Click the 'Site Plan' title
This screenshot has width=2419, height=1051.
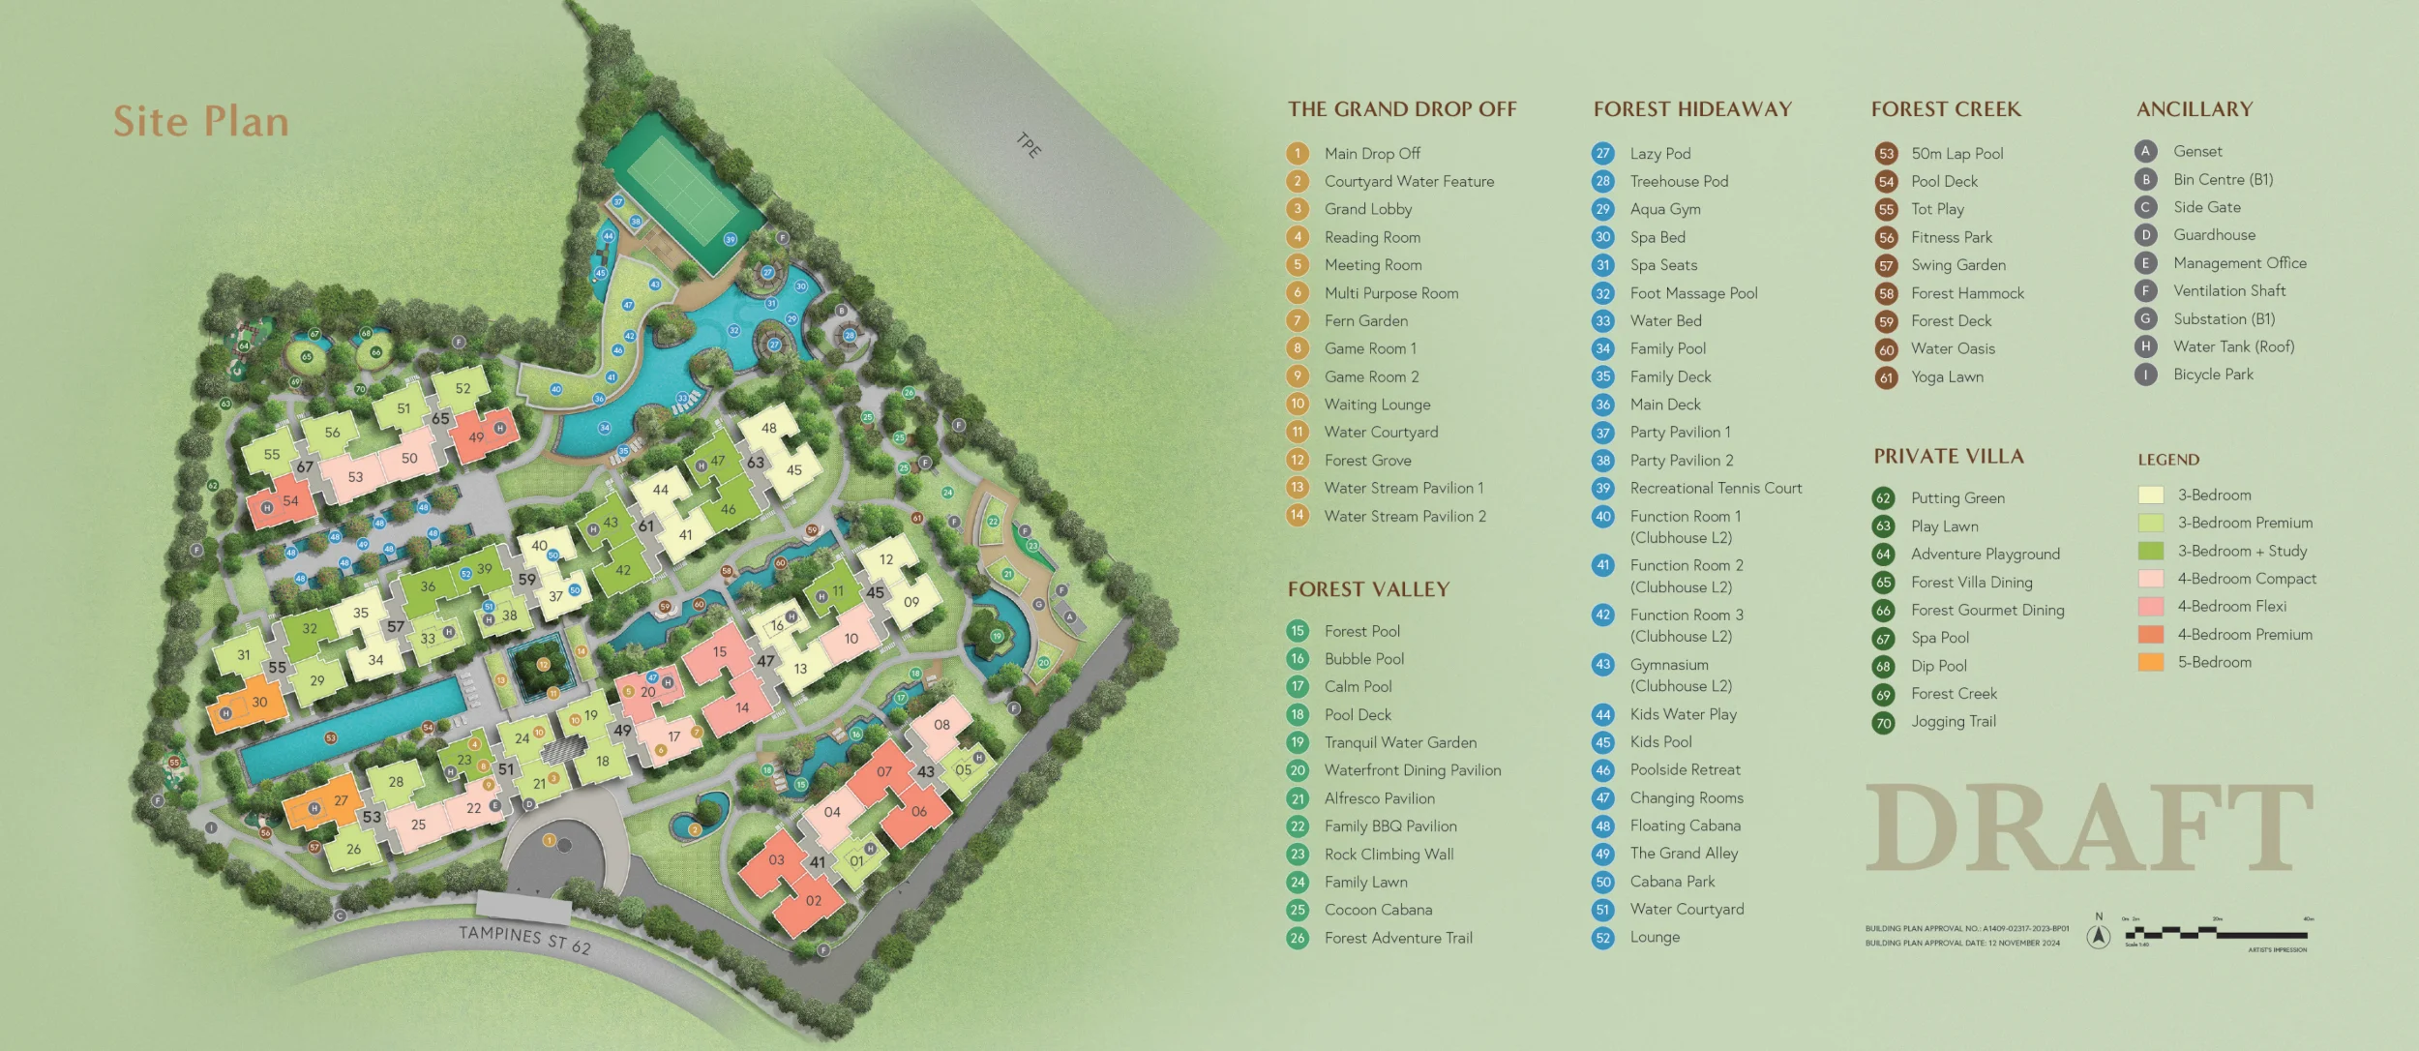pyautogui.click(x=201, y=122)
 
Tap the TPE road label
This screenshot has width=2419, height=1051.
pyautogui.click(x=1029, y=145)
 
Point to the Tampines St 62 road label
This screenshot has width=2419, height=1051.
pyautogui.click(x=523, y=939)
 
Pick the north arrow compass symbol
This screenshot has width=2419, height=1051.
pyautogui.click(x=2098, y=935)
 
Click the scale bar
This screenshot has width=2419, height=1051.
pyautogui.click(x=2216, y=934)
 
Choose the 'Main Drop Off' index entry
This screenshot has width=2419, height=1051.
pyautogui.click(x=1372, y=154)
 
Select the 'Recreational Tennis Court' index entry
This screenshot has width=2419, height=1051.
pyautogui.click(x=1716, y=489)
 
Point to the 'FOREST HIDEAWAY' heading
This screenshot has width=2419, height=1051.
pyautogui.click(x=1692, y=109)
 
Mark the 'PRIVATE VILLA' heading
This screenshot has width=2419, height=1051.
pyautogui.click(x=1948, y=457)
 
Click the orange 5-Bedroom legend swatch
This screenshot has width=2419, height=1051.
pyautogui.click(x=2150, y=663)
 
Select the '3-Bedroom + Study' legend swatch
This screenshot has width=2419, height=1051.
pyautogui.click(x=2150, y=552)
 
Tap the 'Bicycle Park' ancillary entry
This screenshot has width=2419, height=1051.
pyautogui.click(x=2213, y=375)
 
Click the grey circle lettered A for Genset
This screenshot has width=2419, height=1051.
pyautogui.click(x=2145, y=151)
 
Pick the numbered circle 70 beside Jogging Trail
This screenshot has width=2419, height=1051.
pyautogui.click(x=1883, y=723)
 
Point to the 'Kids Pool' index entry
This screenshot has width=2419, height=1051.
pyautogui.click(x=1660, y=742)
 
